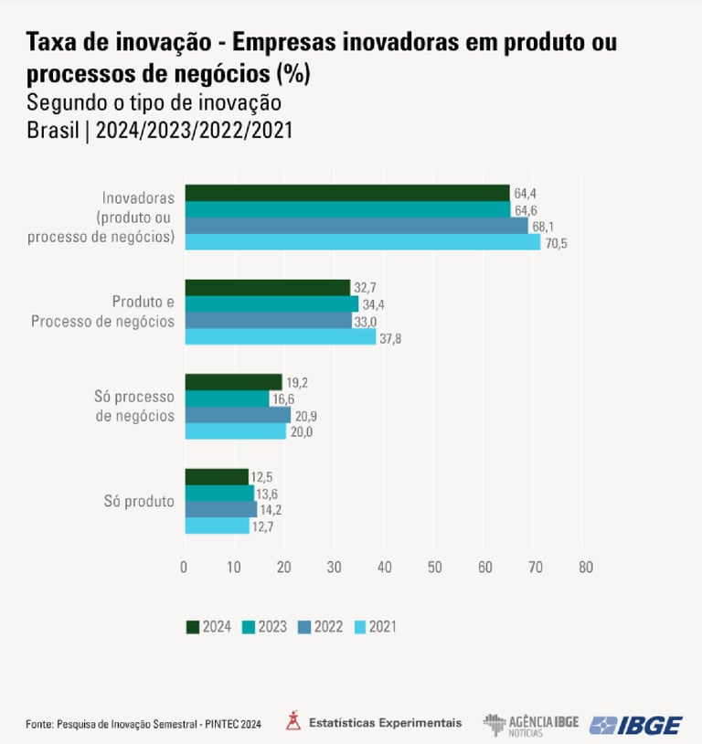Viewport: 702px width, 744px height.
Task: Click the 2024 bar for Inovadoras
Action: (347, 193)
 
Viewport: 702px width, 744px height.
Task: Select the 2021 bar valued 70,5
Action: (363, 242)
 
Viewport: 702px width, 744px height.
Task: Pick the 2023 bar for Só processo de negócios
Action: (228, 399)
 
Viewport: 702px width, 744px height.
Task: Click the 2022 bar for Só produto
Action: (220, 509)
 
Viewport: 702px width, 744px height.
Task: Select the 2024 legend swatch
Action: (192, 627)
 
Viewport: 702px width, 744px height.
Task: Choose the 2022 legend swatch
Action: (303, 627)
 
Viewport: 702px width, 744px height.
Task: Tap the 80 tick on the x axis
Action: (585, 568)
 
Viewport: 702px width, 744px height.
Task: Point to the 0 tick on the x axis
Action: (185, 568)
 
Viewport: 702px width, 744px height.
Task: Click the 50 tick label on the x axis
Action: (435, 568)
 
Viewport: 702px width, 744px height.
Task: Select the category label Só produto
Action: (140, 501)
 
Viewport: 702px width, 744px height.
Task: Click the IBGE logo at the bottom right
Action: (636, 725)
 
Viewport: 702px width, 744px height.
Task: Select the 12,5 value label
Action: (264, 477)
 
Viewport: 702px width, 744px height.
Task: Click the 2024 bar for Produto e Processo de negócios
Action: (268, 288)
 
